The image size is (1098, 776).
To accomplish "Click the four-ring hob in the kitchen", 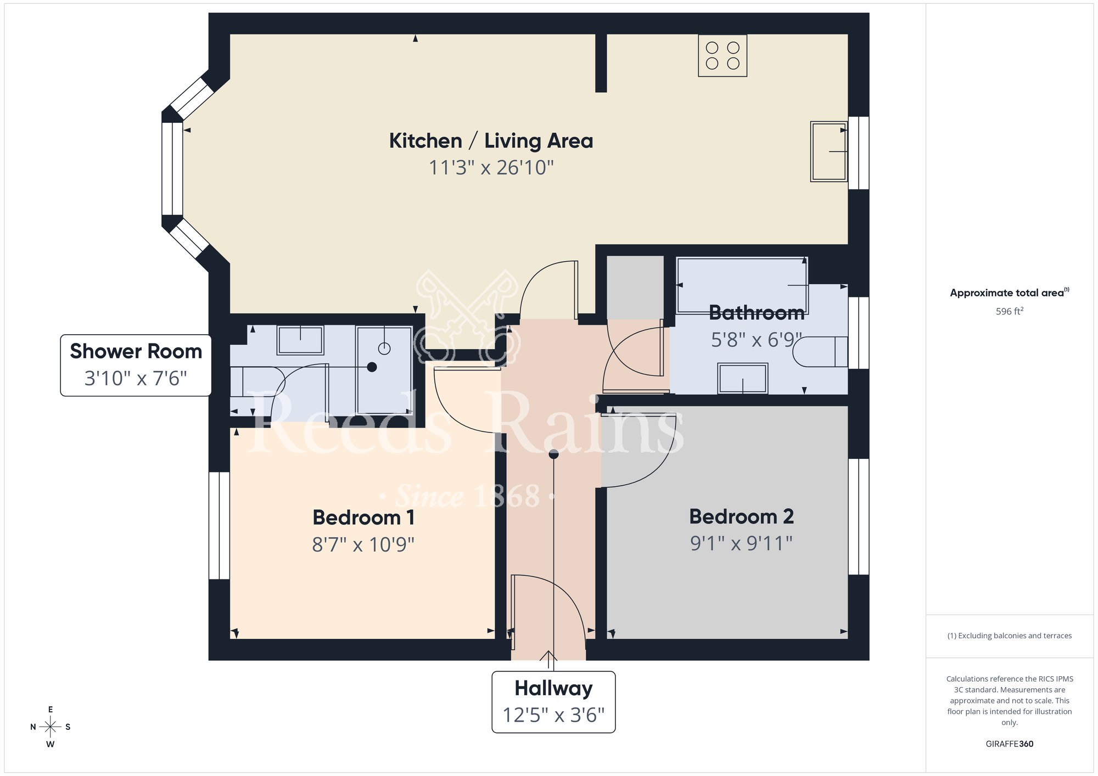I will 722,55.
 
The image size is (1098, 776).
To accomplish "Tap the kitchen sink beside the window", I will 828,151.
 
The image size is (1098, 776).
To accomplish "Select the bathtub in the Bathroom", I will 742,285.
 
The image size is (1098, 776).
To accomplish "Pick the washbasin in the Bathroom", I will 742,378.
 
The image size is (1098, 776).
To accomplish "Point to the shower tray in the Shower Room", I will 384,370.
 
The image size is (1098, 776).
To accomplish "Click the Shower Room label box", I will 136,365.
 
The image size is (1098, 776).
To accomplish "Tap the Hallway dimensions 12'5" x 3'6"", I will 553,715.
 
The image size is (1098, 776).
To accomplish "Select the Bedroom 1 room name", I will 363,518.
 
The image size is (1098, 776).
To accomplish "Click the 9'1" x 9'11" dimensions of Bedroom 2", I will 741,544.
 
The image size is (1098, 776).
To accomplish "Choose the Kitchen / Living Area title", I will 491,141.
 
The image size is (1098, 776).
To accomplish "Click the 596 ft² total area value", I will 1009,311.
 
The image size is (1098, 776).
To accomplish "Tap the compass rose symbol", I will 51,727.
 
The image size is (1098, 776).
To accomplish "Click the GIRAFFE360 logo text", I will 1009,744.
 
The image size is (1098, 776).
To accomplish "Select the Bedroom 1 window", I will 219,525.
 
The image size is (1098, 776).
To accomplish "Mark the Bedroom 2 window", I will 859,516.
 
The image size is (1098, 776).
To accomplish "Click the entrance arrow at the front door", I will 548,657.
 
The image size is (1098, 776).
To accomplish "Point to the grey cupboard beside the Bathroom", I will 635,287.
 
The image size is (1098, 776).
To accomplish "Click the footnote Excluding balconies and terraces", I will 1009,636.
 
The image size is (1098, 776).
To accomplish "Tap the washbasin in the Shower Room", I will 300,340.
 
